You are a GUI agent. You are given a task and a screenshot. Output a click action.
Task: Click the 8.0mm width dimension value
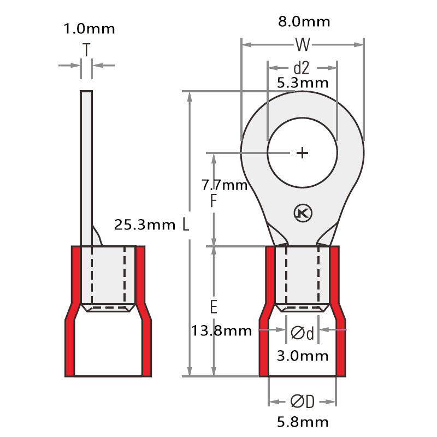(x=304, y=22)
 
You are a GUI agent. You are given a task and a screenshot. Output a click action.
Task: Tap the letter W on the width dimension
(x=303, y=44)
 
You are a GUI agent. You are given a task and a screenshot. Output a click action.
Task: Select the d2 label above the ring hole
(x=302, y=68)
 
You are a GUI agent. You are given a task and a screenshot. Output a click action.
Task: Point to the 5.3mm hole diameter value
(x=303, y=83)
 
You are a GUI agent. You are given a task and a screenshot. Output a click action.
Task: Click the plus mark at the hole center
(x=303, y=153)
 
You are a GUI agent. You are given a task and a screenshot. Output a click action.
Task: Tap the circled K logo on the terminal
(x=303, y=214)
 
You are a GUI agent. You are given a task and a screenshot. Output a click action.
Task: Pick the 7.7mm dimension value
(x=225, y=185)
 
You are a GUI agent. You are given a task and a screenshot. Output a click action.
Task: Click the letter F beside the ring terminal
(x=213, y=200)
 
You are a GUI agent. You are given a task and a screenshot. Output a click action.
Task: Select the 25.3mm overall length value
(x=145, y=225)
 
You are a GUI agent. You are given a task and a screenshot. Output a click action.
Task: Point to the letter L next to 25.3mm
(x=186, y=225)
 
